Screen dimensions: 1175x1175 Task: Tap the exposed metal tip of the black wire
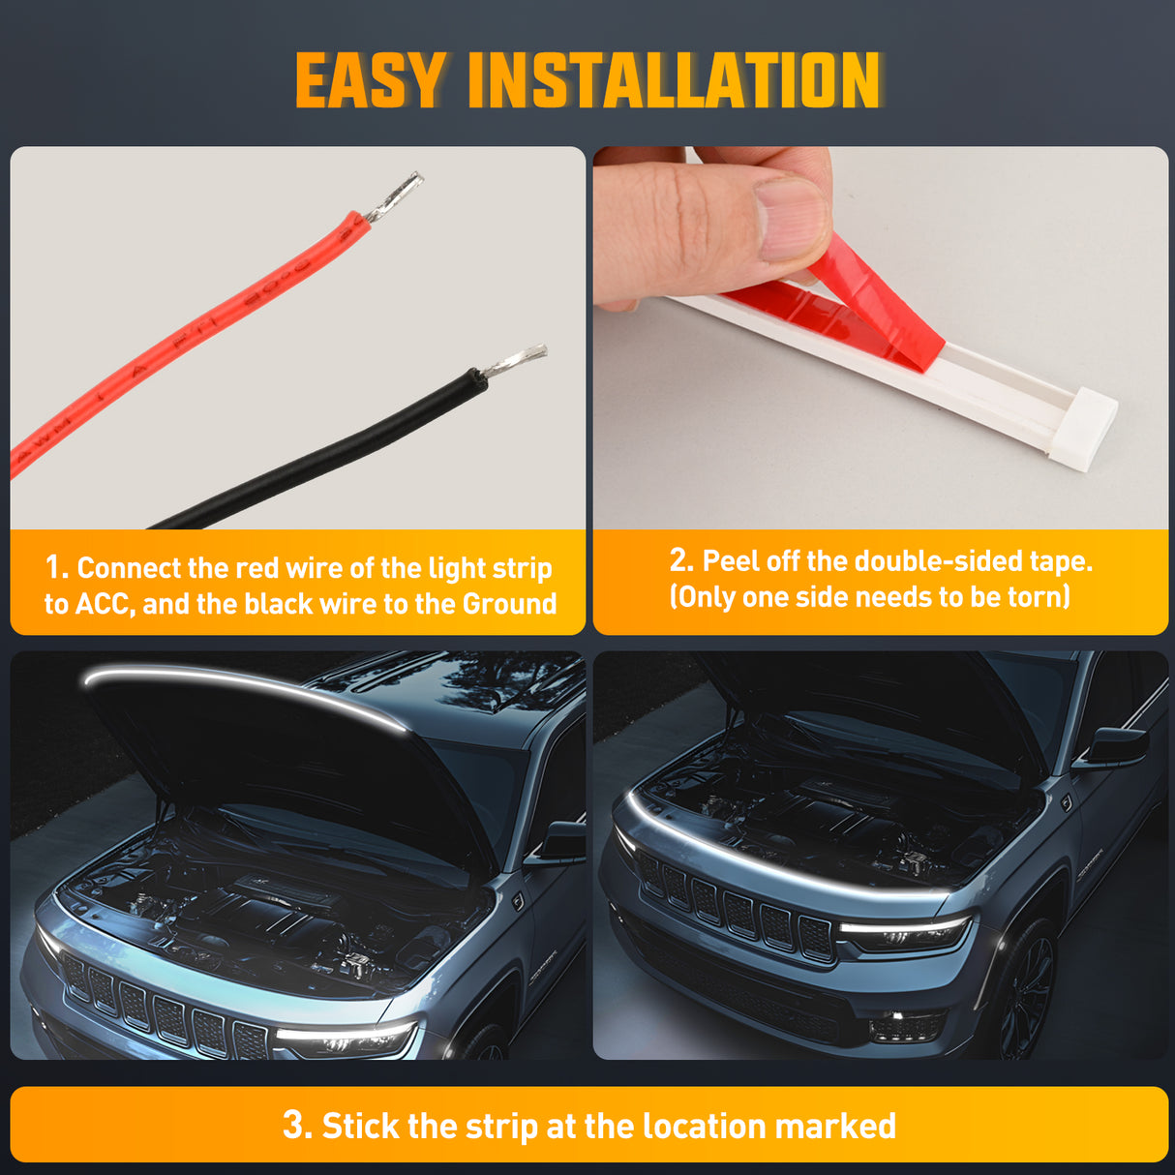[515, 362]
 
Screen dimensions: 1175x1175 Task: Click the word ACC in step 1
[105, 604]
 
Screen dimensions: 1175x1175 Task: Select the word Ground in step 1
[509, 604]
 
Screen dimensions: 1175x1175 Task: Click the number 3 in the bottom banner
[294, 1126]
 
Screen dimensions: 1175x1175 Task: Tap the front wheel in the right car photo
[1026, 987]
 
